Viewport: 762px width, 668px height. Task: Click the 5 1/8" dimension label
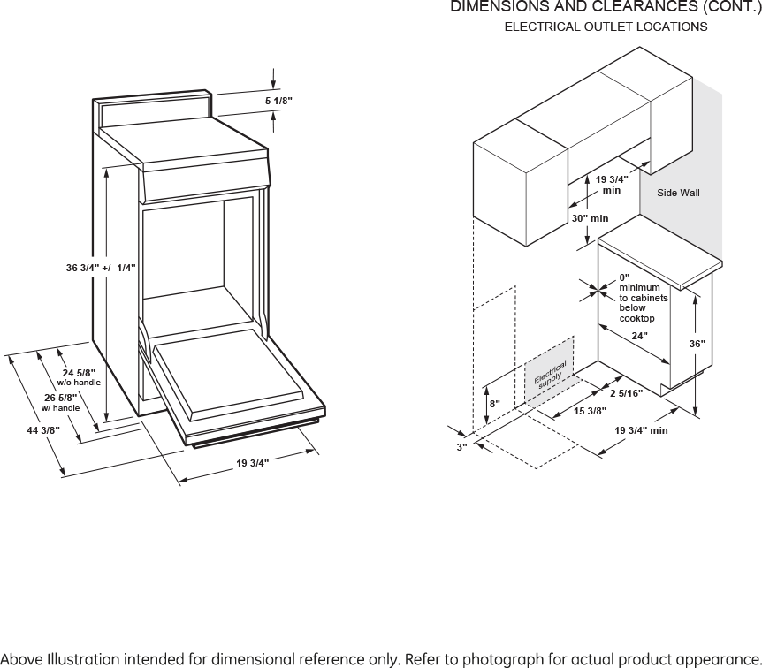pos(278,102)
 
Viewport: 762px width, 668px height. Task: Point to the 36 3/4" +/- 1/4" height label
pos(101,268)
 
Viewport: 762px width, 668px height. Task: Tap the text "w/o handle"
pos(79,383)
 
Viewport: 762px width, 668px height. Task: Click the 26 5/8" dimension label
pos(61,398)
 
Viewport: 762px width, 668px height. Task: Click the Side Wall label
pos(678,193)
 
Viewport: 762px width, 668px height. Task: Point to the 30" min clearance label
pos(590,218)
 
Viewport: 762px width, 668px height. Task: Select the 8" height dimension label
pos(495,404)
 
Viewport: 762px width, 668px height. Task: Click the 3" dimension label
pos(461,448)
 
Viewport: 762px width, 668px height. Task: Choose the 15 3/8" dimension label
pos(590,411)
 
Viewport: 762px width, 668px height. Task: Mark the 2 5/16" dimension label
pos(626,393)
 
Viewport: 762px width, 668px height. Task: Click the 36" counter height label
pos(697,343)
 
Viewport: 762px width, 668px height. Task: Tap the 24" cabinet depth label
pos(639,336)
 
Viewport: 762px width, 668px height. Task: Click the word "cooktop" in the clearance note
pos(636,318)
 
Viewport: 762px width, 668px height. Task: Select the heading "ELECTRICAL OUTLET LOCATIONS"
pos(606,27)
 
